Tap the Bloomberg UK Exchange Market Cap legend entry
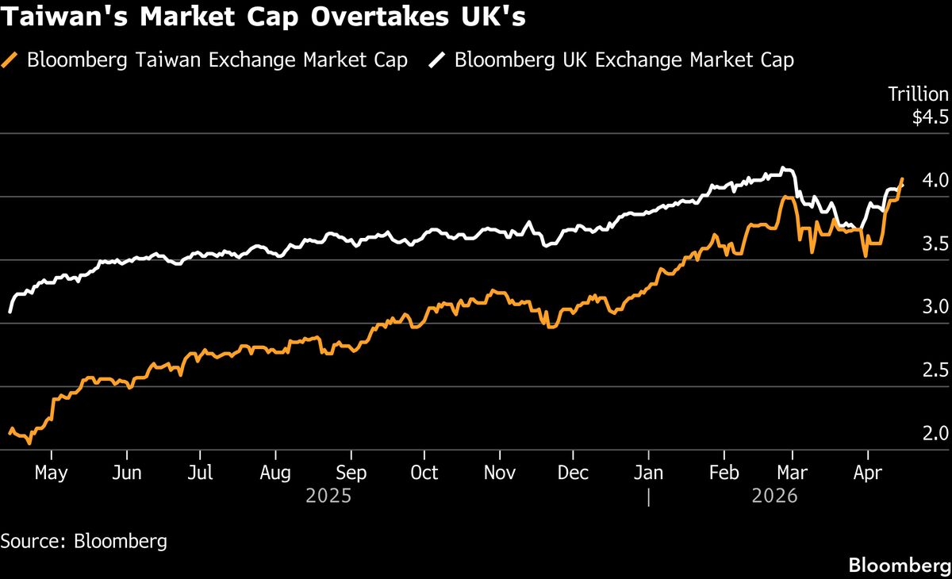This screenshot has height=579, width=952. pos(624,60)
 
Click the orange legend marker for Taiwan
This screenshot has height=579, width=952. pos(10,60)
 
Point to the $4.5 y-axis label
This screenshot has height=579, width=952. pos(930,118)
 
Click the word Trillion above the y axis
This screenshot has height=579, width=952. pos(918,94)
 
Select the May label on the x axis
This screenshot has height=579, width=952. pos(51,473)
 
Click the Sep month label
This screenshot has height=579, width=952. pos(351,473)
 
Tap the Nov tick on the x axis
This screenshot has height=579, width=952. pos(500,473)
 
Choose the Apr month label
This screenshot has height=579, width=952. pos(868,473)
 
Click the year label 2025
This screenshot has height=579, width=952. pos(328,497)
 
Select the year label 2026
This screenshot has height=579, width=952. pos(774,497)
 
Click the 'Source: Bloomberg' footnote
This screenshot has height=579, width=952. pos(84,542)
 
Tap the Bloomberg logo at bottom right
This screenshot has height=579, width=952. pos(900,566)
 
